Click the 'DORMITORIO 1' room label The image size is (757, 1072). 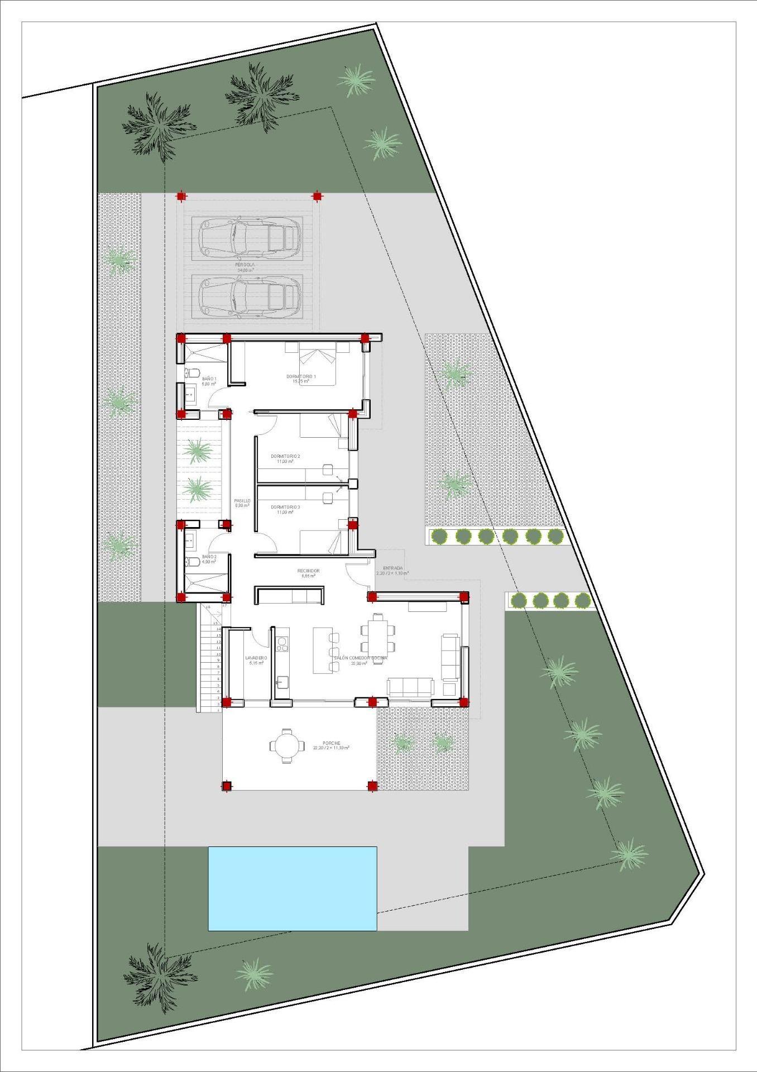pyautogui.click(x=301, y=377)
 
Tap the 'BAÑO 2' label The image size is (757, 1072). pyautogui.click(x=209, y=557)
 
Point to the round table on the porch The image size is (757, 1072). pyautogui.click(x=287, y=745)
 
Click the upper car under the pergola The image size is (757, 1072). pyautogui.click(x=247, y=237)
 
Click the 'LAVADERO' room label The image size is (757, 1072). pyautogui.click(x=256, y=658)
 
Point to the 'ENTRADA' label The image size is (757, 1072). pyautogui.click(x=392, y=568)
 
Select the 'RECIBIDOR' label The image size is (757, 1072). pyautogui.click(x=308, y=571)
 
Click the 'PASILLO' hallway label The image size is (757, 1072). pyautogui.click(x=242, y=501)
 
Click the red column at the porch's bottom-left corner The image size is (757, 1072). pyautogui.click(x=226, y=787)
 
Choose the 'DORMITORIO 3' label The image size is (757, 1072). pyautogui.click(x=285, y=507)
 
